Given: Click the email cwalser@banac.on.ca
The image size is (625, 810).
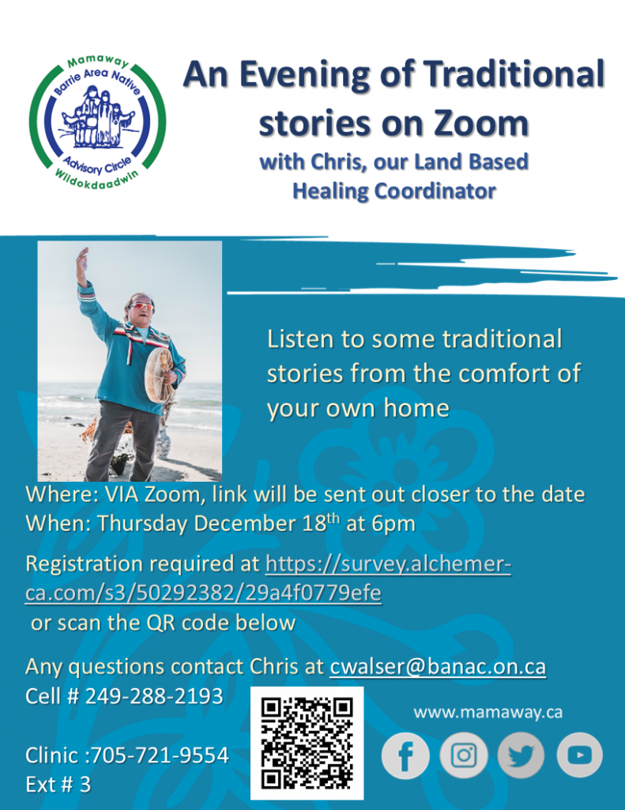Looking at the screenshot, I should pyautogui.click(x=437, y=667).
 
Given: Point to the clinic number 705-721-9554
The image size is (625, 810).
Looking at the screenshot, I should pyautogui.click(x=160, y=755).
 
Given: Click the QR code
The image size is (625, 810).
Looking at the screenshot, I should pyautogui.click(x=307, y=744).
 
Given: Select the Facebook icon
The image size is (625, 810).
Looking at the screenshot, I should pyautogui.click(x=405, y=756).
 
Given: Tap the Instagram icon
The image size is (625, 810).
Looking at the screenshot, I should pyautogui.click(x=464, y=756).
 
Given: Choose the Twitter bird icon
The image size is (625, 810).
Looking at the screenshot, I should pyautogui.click(x=521, y=756).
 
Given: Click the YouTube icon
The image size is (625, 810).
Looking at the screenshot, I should pyautogui.click(x=579, y=755).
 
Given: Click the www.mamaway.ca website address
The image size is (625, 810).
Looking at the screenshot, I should pyautogui.click(x=488, y=712).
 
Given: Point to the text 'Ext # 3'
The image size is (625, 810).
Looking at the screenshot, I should pyautogui.click(x=58, y=784).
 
